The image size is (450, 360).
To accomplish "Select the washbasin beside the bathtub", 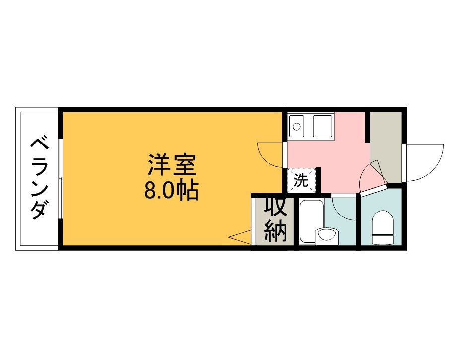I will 325,236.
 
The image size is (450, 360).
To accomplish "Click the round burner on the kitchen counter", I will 296,126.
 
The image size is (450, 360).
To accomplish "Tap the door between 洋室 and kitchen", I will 270,154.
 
